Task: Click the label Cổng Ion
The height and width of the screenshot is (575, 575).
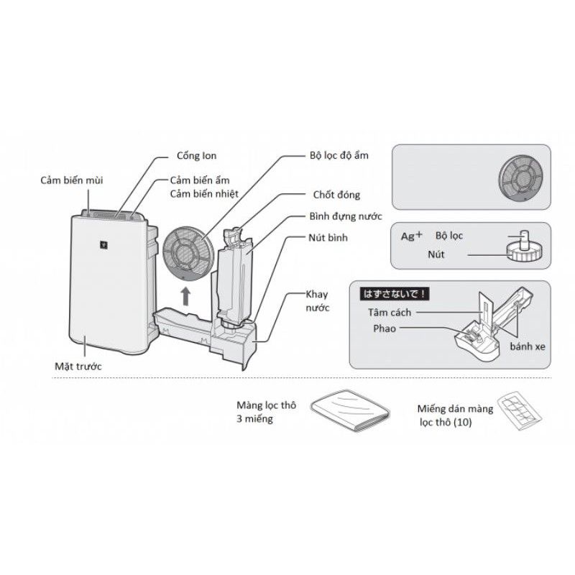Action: pyautogui.click(x=196, y=156)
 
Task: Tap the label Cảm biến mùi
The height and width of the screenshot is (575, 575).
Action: pyautogui.click(x=71, y=180)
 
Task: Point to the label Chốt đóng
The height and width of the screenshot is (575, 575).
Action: pyautogui.click(x=336, y=195)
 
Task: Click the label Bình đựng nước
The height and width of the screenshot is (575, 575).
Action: pyautogui.click(x=346, y=216)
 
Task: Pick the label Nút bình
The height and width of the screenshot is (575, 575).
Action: pyautogui.click(x=328, y=237)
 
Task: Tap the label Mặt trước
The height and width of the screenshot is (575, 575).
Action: pyautogui.click(x=78, y=367)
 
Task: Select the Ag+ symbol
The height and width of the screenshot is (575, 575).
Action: pyautogui.click(x=411, y=235)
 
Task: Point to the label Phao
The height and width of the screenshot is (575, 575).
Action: pyautogui.click(x=384, y=328)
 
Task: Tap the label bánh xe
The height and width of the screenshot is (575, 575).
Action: pyautogui.click(x=528, y=346)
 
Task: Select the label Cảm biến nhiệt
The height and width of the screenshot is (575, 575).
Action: pyautogui.click(x=204, y=193)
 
